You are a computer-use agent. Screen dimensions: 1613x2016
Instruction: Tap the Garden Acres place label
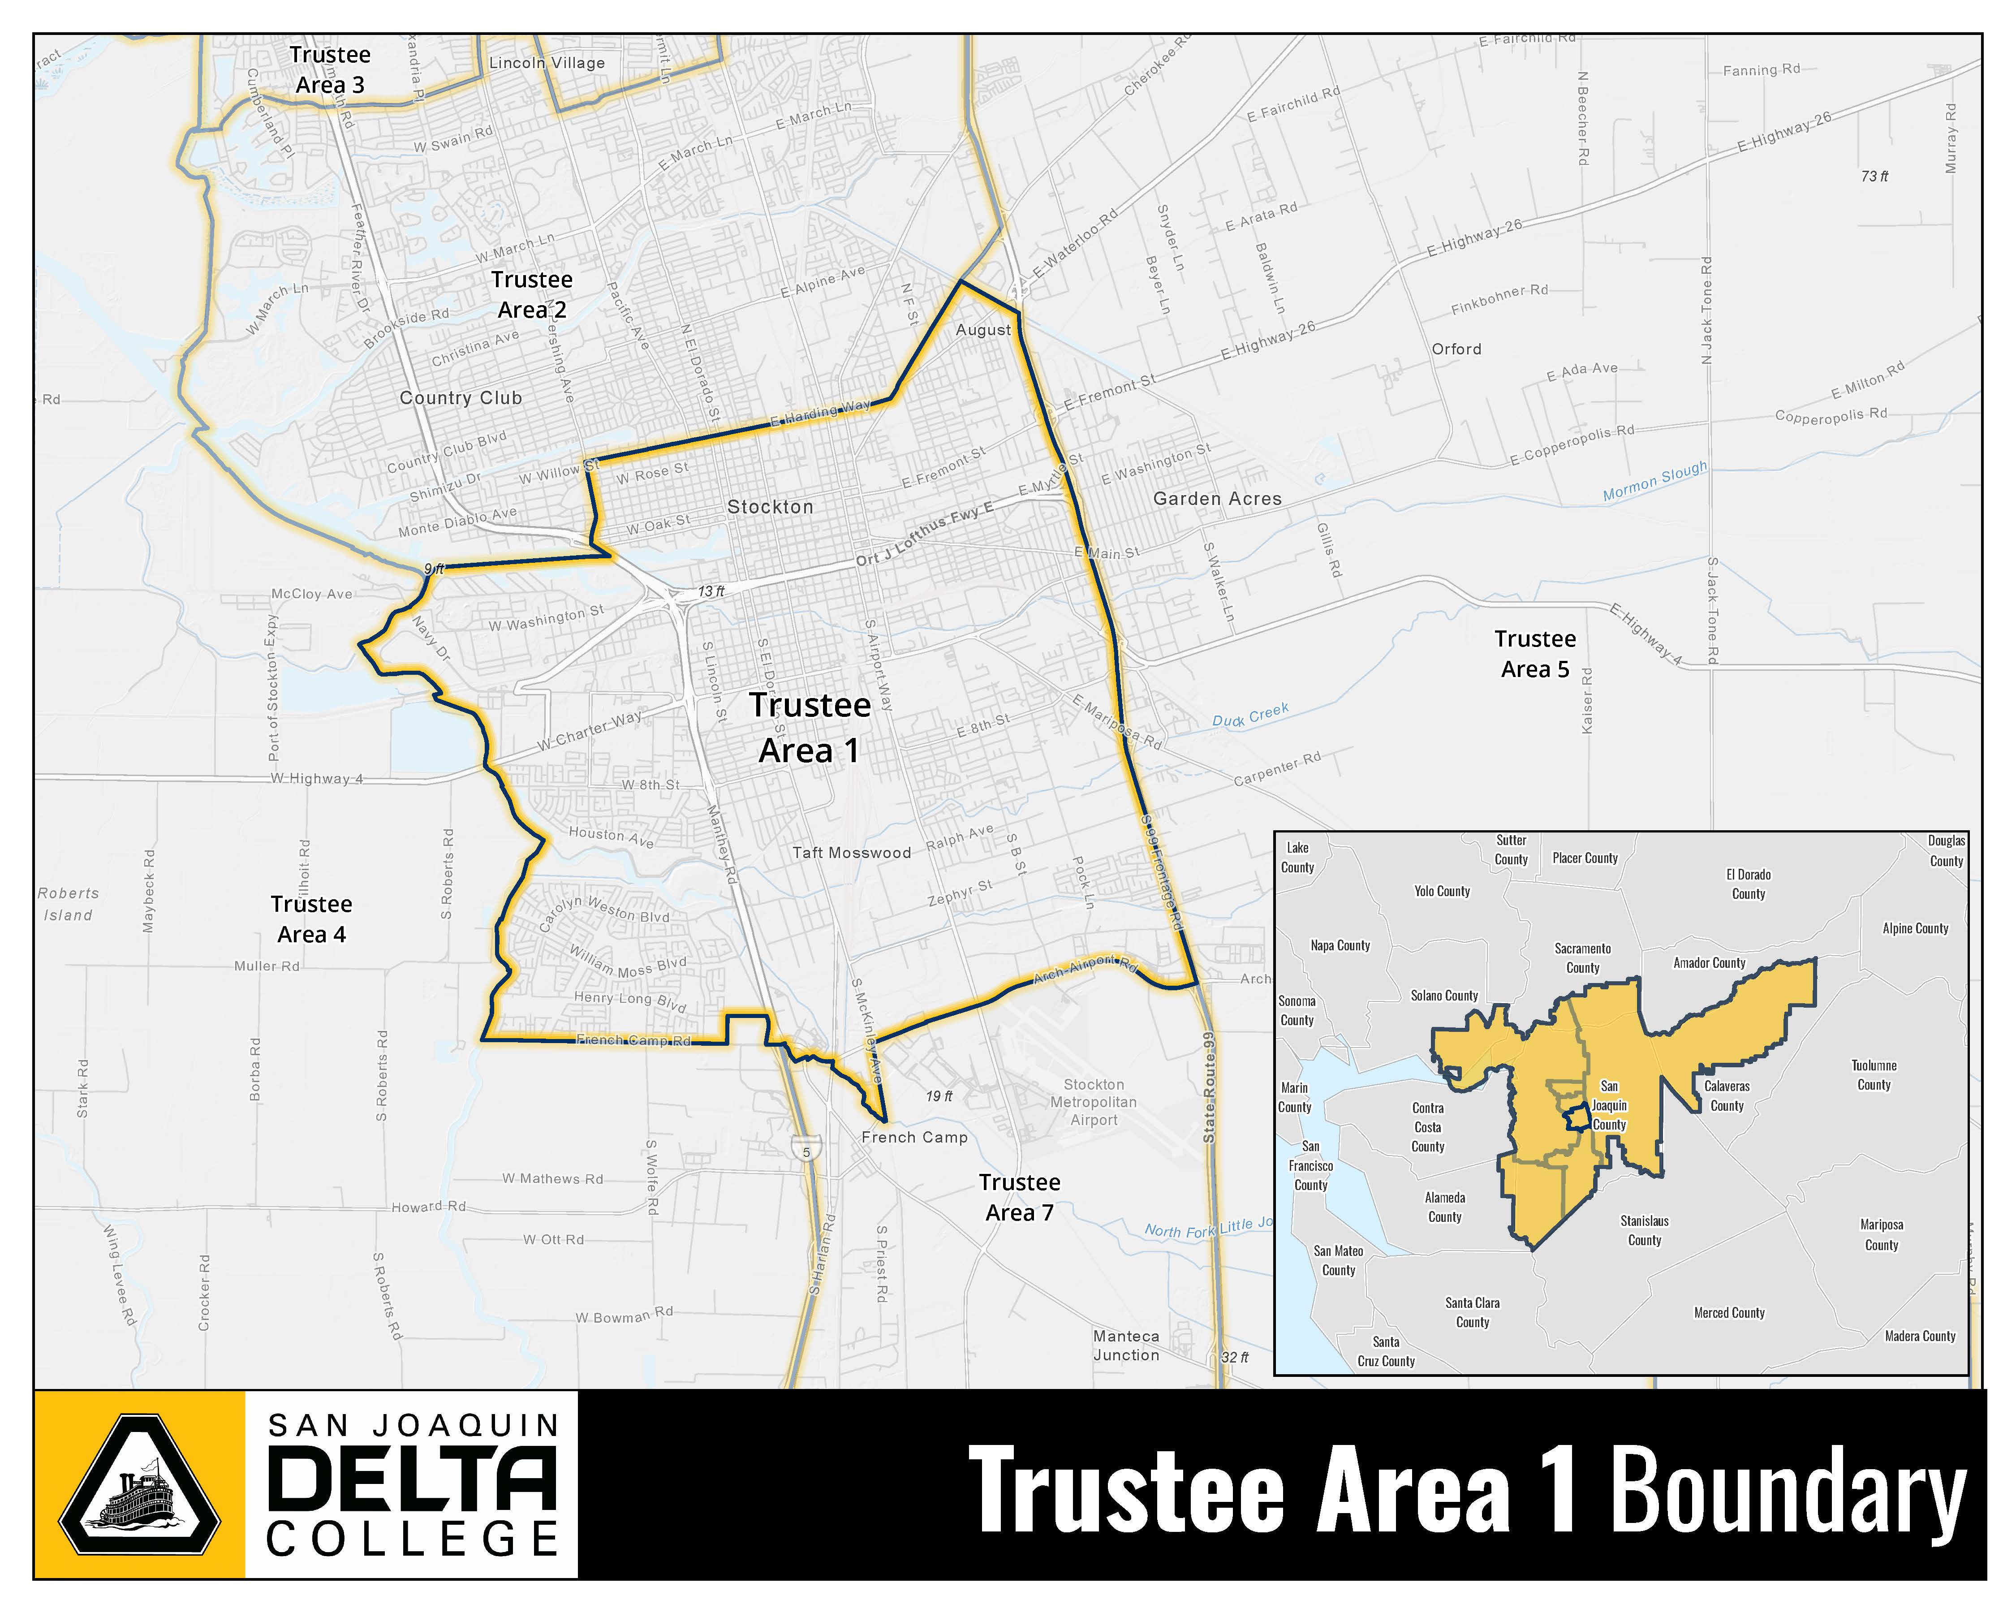point(1216,499)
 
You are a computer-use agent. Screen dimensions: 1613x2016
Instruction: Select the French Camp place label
point(913,1137)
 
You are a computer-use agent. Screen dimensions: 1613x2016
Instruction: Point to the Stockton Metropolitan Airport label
point(1093,1103)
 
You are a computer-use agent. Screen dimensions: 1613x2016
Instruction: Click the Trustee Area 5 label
point(1534,654)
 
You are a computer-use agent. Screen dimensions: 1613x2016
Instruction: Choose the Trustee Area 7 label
point(1019,1197)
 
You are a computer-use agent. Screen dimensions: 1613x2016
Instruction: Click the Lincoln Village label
point(547,63)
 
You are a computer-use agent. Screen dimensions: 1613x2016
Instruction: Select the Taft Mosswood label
point(851,853)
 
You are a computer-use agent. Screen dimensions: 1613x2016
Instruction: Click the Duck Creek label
point(1250,716)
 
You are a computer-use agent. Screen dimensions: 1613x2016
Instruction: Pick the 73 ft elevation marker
point(1874,176)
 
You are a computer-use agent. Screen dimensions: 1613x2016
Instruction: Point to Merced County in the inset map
point(1729,1313)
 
